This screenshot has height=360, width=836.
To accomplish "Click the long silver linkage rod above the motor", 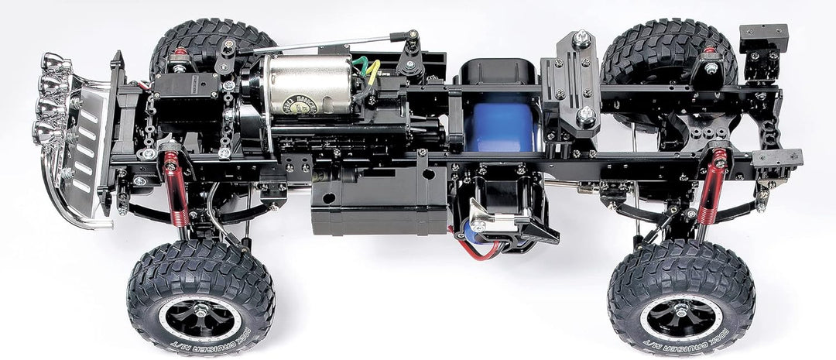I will [x=317, y=43].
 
